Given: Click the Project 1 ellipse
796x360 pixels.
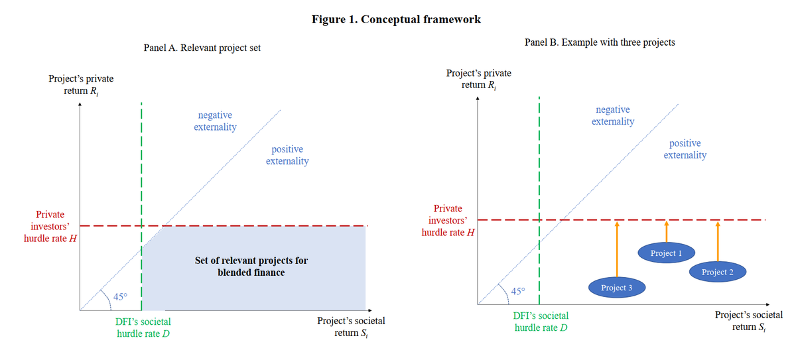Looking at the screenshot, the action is coord(666,253).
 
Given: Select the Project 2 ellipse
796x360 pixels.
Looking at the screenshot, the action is coord(718,272).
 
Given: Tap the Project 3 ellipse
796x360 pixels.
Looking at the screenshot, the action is coord(617,287).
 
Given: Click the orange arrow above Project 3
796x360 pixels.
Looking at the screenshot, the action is coord(617,249).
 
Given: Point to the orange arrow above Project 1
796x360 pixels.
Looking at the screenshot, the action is coord(666,232).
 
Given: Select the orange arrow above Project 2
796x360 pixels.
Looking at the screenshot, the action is coord(718,242).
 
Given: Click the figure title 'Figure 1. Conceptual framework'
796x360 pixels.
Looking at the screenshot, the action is coord(396,19).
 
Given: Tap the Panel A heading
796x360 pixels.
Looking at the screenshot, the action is coord(202,48).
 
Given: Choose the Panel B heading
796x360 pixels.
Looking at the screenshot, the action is coord(600,42).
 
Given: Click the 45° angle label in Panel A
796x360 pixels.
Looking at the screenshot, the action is coord(120,296).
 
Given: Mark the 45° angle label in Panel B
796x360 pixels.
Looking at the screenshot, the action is coord(518,291).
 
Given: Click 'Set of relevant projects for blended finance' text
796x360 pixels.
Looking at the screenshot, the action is coord(251,267).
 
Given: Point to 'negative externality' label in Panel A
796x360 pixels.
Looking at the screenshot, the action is coord(215,121).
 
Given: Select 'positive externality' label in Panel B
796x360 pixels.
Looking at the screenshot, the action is coord(685,149).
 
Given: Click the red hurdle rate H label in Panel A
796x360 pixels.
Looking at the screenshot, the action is coord(50,226).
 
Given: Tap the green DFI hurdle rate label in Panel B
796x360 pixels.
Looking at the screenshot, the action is coord(541,322).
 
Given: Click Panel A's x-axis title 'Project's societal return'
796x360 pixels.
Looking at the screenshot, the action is coord(351,327).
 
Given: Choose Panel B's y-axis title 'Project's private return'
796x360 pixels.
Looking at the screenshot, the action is coord(479,79).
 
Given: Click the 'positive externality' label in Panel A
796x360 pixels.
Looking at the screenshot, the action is coord(287,155).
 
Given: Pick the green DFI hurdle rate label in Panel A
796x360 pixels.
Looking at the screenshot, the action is coord(143,328).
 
